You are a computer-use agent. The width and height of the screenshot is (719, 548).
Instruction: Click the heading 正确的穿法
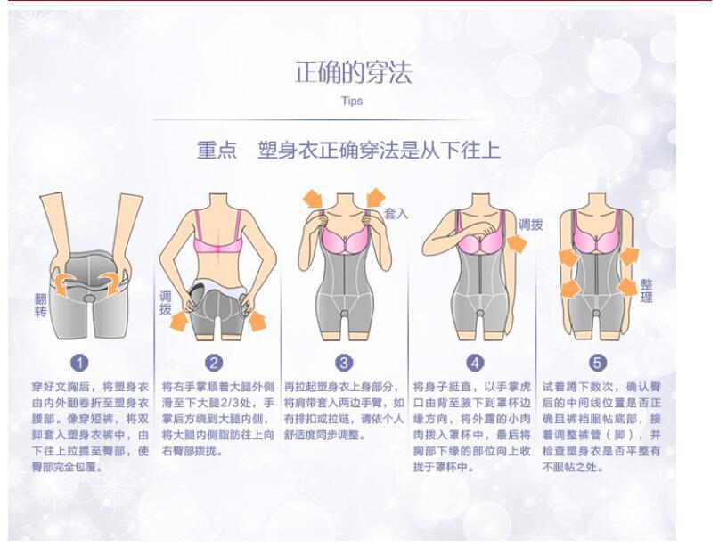tap(353, 73)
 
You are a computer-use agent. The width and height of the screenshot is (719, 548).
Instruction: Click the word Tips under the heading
tap(352, 102)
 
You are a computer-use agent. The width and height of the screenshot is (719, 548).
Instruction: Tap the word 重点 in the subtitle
tap(217, 150)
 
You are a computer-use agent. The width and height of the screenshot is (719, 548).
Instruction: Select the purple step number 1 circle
tap(80, 363)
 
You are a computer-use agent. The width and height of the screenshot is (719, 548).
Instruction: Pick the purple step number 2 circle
tap(214, 363)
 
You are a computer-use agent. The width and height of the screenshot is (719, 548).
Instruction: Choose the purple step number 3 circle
tap(345, 363)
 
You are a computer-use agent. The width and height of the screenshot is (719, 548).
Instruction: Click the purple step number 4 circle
tap(476, 363)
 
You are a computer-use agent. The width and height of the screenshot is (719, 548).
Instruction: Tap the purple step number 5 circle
tap(597, 363)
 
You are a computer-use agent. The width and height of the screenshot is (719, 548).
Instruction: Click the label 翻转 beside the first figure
tap(40, 306)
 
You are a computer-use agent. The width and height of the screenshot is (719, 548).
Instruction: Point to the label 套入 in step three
tap(396, 214)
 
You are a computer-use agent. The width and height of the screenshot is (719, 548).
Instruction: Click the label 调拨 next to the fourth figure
tap(531, 225)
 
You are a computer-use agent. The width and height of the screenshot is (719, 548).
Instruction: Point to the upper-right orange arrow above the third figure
tap(374, 197)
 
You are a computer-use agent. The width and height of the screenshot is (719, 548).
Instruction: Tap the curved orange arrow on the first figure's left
tap(63, 283)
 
